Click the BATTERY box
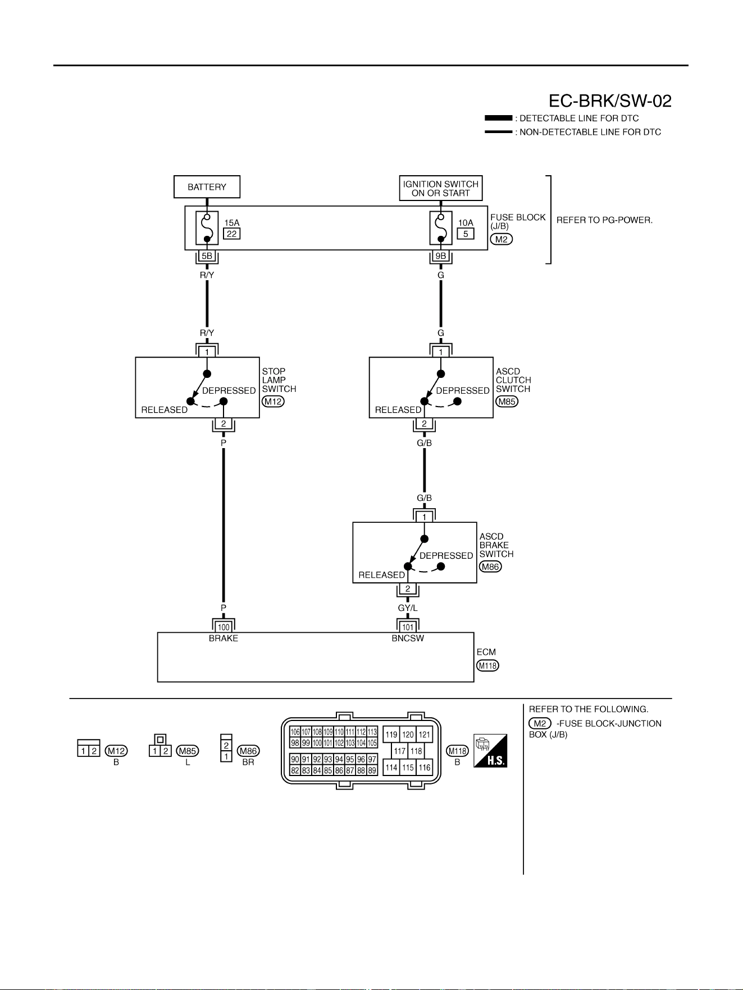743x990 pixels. tap(207, 187)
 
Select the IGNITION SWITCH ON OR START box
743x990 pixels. tap(441, 188)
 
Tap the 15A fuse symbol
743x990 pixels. tap(207, 228)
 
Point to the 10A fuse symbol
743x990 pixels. tap(441, 228)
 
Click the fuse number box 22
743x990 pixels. tap(231, 234)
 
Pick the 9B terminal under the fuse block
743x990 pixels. tap(441, 256)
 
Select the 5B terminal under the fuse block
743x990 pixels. tap(207, 256)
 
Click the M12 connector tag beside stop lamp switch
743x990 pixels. tap(273, 402)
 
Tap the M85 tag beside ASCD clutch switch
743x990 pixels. tap(507, 402)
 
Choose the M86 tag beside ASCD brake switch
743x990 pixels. tap(490, 567)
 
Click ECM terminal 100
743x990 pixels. tap(224, 627)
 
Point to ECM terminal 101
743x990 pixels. tap(408, 627)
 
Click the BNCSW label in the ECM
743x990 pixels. tap(408, 638)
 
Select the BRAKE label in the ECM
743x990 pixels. tap(224, 638)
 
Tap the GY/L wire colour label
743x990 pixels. tap(408, 608)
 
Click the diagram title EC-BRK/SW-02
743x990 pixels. tap(610, 101)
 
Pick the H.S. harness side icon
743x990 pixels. tap(490, 751)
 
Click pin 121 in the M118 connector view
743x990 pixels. tap(425, 734)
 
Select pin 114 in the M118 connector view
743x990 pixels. tap(391, 768)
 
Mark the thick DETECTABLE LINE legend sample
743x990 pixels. tap(498, 118)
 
